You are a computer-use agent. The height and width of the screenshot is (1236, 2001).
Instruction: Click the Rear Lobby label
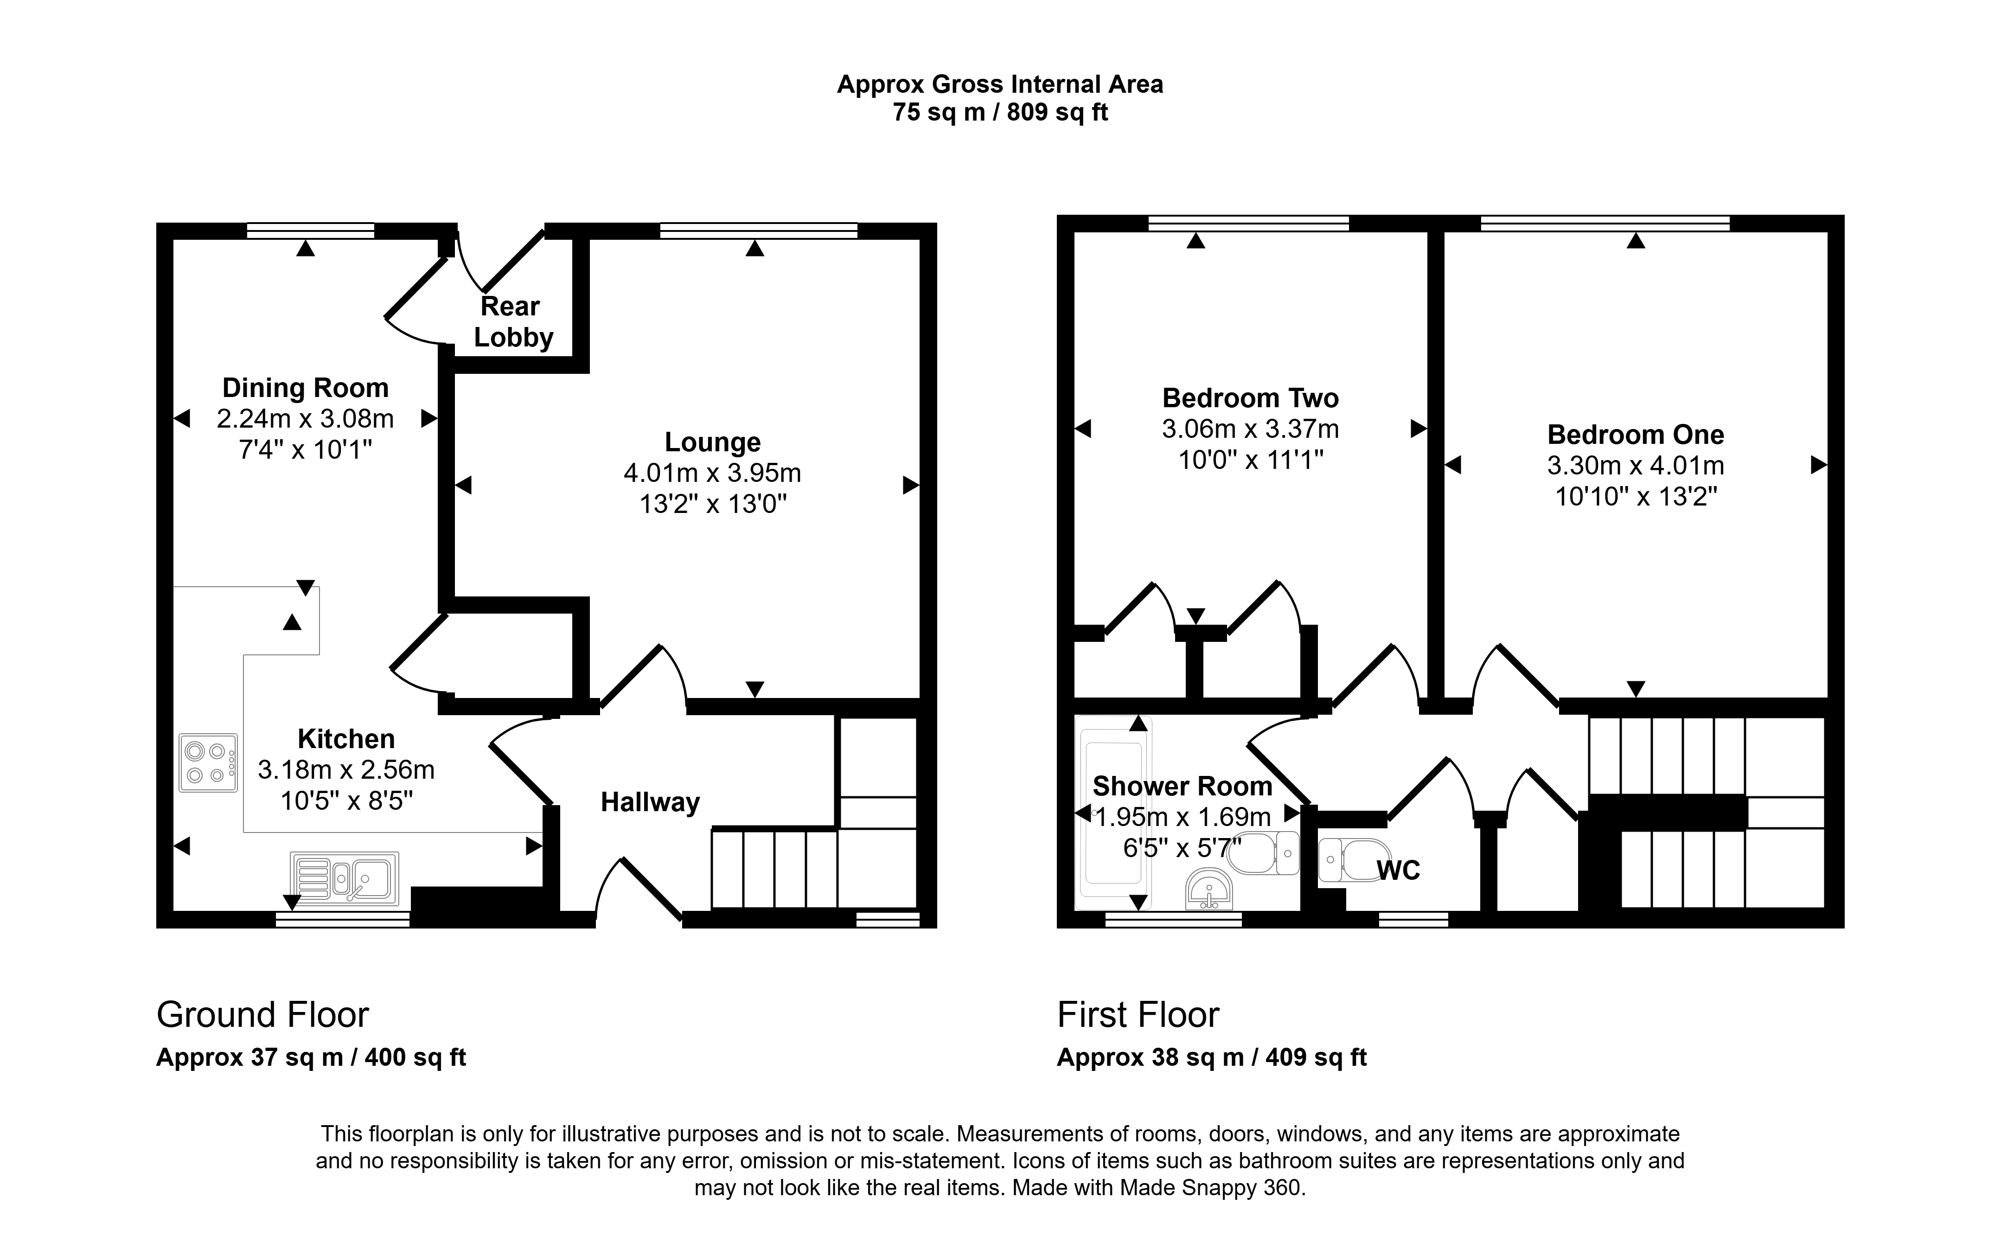(513, 322)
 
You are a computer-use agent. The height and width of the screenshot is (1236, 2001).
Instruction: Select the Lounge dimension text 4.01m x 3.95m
(712, 474)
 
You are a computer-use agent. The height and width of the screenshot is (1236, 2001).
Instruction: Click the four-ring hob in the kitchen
(208, 762)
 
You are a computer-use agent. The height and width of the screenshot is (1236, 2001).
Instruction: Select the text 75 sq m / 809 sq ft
(1000, 112)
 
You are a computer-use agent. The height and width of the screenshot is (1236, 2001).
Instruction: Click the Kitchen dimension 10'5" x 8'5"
(346, 801)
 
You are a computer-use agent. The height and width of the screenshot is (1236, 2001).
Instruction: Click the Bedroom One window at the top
(1605, 223)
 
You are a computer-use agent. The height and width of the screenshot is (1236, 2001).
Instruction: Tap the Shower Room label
(1183, 787)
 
